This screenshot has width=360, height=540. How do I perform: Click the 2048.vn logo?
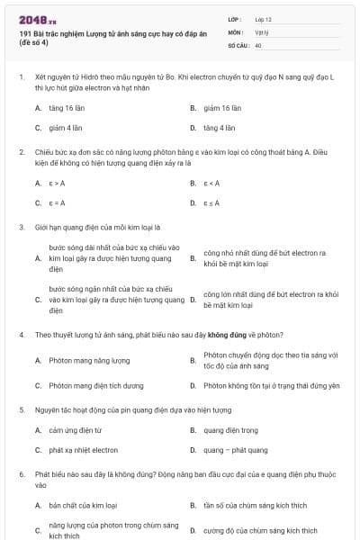click(33, 18)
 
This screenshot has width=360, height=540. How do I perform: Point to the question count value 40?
click(258, 43)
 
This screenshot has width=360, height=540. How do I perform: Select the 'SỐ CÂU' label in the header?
click(237, 43)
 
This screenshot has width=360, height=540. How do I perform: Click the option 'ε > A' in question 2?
click(57, 183)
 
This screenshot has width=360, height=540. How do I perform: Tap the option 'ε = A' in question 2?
click(57, 202)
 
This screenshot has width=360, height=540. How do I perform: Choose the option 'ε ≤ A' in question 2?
click(211, 202)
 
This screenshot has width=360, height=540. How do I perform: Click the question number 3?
click(21, 227)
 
